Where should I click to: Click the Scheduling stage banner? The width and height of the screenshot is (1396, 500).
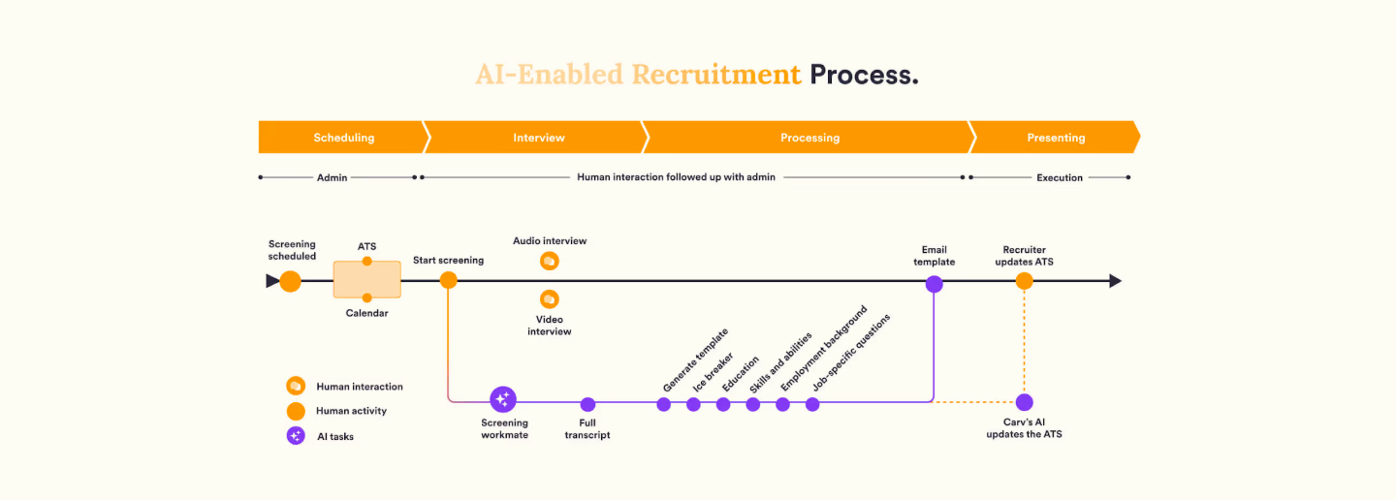pos(342,138)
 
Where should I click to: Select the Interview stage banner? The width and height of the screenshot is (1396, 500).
pos(538,138)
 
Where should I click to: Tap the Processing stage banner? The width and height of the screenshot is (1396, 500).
pos(809,138)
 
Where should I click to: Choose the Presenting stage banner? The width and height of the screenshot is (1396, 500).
pos(1055,138)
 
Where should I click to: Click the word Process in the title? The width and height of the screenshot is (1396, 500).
pos(864,75)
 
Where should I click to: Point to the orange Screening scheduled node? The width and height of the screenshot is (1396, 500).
pos(290,281)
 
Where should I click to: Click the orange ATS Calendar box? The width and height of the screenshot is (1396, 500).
pos(366,279)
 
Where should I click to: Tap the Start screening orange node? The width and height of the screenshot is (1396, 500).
pos(448,280)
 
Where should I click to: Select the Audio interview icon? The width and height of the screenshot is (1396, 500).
pos(550,262)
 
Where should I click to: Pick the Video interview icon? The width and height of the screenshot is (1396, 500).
pos(550,299)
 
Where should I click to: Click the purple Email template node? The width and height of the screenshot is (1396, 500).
pos(934,284)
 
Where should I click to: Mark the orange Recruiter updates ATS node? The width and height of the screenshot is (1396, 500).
pos(1024,281)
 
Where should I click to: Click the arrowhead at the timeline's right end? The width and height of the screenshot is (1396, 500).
pos(1115,281)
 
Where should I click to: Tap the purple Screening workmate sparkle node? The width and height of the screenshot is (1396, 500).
pos(503,399)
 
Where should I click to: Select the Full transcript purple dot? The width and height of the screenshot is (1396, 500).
pos(587,404)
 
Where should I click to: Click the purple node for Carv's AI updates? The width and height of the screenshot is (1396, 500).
pos(1024,402)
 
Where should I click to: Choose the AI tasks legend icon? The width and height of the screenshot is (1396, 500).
pos(296,436)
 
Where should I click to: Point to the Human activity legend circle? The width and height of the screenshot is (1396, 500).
pos(296,411)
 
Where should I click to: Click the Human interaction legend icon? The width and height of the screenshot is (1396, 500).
pos(296,386)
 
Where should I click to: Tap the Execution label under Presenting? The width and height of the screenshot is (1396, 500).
pos(1059,178)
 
